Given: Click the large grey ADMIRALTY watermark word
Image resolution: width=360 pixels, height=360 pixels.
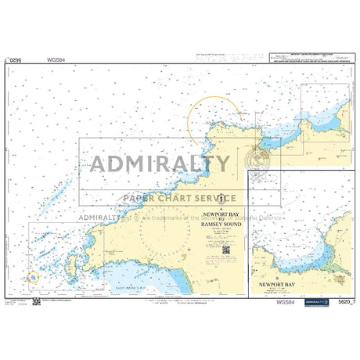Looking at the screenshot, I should (161, 164).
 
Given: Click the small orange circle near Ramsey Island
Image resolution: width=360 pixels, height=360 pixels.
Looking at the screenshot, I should (32, 275).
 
